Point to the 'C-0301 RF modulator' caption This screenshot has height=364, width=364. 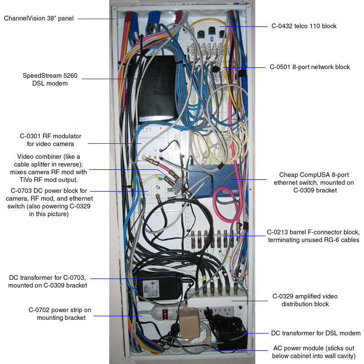coord(53,140)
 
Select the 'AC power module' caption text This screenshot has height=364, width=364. coord(314,352)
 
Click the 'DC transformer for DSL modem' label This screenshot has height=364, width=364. coord(316,334)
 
